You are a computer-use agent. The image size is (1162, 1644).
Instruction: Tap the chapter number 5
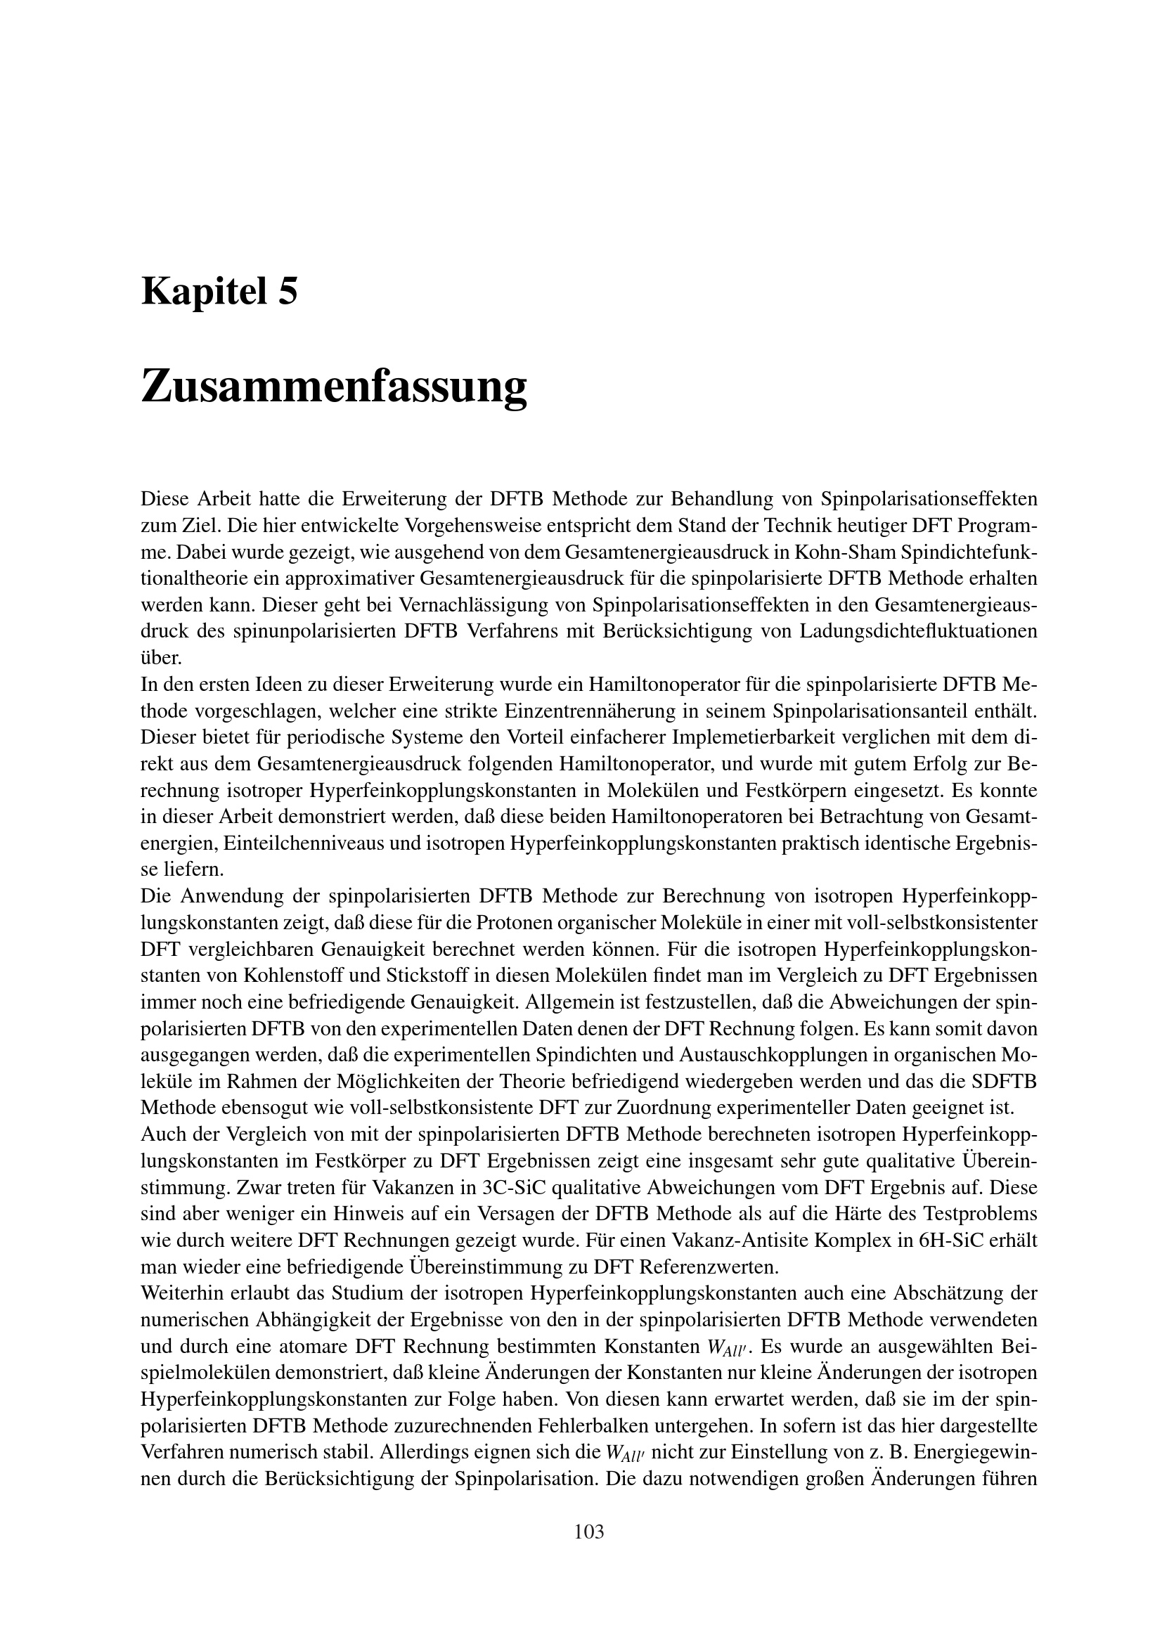coord(286,292)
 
